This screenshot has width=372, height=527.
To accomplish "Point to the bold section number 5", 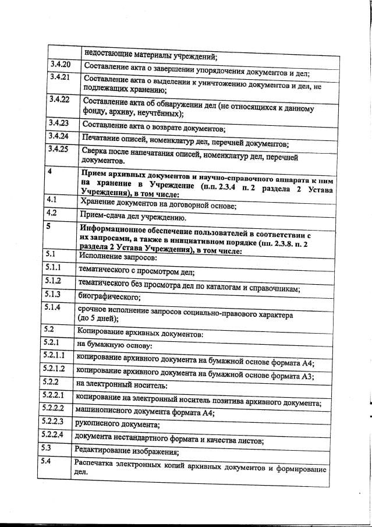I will pos(50,228).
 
